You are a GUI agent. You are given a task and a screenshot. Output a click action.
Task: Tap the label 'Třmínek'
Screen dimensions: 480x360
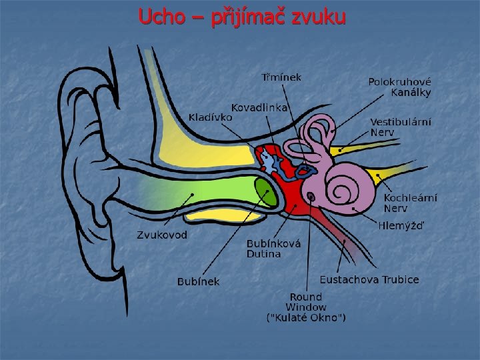[x=281, y=77]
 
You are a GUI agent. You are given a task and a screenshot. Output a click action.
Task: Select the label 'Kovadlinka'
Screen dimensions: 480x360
[x=259, y=107]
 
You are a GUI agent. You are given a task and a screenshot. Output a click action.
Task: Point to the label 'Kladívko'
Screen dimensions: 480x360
[x=211, y=117]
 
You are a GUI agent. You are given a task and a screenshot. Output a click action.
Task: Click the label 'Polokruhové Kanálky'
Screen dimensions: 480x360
[x=400, y=87]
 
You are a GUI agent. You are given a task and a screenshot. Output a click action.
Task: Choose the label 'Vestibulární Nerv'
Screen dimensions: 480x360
[x=401, y=127]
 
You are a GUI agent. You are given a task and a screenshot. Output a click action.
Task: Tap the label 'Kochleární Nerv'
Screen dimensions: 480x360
[x=411, y=203]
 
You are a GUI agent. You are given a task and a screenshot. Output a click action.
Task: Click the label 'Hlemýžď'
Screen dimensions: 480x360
[x=401, y=225]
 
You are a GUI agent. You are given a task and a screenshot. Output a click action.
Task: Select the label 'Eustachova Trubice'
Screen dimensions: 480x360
[x=369, y=279]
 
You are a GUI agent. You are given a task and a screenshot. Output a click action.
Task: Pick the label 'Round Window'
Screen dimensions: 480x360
[x=306, y=302]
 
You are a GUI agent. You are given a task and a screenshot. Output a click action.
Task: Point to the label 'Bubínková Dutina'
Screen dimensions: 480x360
[x=273, y=249]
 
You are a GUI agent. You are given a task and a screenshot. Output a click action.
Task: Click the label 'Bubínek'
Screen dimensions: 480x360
[x=199, y=281]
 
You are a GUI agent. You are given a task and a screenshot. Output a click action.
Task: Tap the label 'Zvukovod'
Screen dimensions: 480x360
[x=162, y=235]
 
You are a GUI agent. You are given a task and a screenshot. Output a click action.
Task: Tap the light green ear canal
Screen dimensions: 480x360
[x=200, y=193]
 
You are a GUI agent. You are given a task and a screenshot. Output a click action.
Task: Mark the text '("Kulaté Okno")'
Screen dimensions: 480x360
[x=306, y=319]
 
